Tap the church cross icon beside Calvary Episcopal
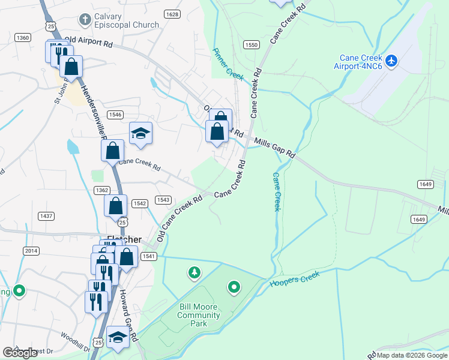(x=85, y=20)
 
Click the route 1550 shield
(x=251, y=45)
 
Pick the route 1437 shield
(x=46, y=215)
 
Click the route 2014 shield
(x=31, y=250)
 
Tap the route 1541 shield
(x=148, y=256)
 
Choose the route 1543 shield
(x=163, y=200)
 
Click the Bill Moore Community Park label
(x=199, y=315)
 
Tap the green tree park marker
(x=194, y=274)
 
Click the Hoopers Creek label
(x=295, y=280)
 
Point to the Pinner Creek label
(x=228, y=64)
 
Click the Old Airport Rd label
(x=88, y=42)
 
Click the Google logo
(x=20, y=353)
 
